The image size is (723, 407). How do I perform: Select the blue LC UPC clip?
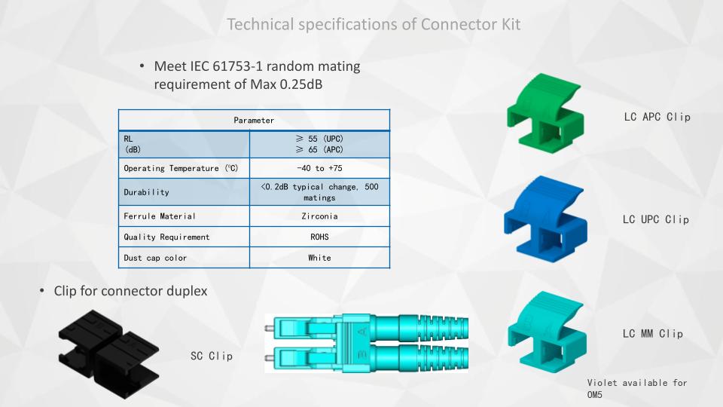545,219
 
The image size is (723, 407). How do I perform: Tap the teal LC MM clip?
548,332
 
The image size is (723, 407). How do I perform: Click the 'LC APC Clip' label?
657,118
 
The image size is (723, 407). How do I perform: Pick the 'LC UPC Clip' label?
656,219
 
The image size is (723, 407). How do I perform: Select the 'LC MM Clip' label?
652,334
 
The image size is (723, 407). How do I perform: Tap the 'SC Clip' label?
212,356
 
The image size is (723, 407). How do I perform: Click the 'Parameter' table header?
254,121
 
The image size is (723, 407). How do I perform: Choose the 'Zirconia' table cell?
319,216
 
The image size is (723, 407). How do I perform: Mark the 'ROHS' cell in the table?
319,237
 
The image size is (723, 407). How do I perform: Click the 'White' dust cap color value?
319,258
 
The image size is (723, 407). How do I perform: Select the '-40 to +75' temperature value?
319,168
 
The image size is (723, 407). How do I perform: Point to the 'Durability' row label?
146,192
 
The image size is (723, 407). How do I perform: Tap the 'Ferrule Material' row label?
160,216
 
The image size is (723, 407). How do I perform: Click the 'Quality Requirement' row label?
166,237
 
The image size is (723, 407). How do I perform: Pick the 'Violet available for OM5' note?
637,389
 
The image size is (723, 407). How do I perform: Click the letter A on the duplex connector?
363,332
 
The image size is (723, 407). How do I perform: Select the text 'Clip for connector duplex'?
130,291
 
